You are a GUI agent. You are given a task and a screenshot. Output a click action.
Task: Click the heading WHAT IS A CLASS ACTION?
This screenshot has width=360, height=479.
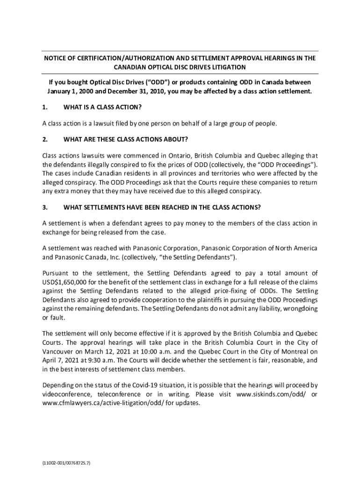(x=102, y=108)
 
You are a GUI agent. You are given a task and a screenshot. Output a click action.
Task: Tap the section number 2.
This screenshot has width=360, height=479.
(x=45, y=139)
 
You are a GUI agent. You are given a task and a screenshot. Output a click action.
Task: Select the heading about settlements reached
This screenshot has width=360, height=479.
(x=162, y=207)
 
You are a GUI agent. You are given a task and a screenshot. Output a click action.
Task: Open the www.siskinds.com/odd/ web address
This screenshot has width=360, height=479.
(x=272, y=394)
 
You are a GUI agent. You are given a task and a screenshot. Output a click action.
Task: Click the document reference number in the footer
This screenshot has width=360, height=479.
(x=66, y=463)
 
